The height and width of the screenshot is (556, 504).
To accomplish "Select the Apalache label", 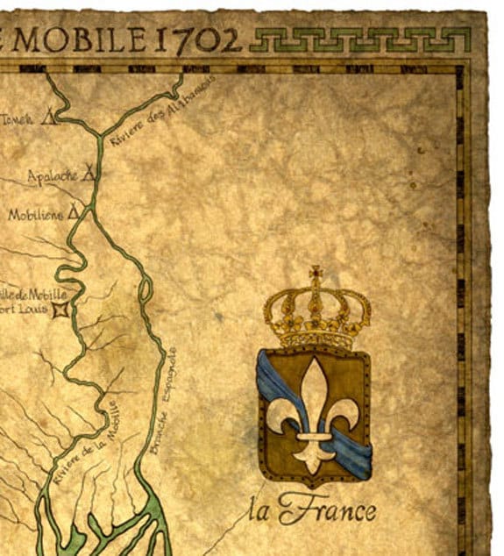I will tap(54, 177).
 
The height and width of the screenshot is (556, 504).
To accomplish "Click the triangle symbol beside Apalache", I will tap(89, 175).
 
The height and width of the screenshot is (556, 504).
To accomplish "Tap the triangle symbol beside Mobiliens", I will tap(74, 211).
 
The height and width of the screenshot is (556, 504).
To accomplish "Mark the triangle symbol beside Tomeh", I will tap(50, 115).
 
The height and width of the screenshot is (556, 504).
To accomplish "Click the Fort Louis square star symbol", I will tap(60, 310).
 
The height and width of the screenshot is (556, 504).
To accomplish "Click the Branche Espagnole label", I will tap(163, 402).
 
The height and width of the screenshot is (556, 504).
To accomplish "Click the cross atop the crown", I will tap(316, 274).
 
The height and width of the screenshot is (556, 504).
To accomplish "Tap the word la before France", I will tap(260, 510).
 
